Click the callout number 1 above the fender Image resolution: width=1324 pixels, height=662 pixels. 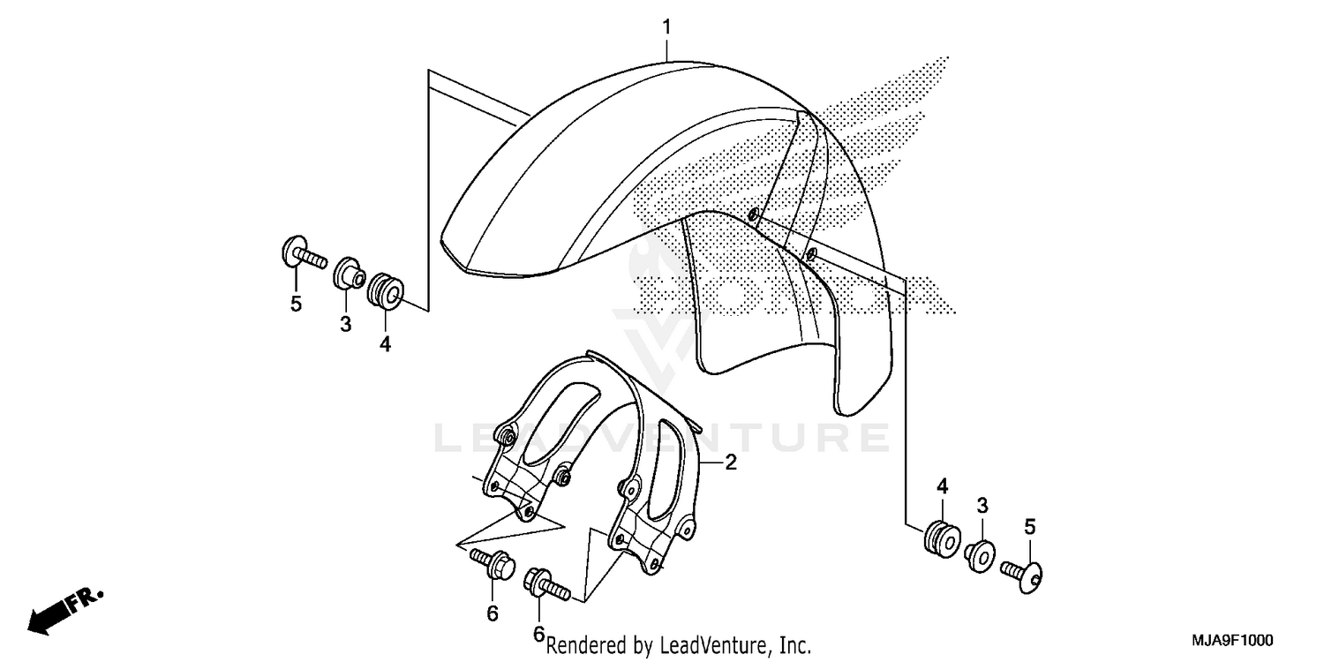[x=667, y=27]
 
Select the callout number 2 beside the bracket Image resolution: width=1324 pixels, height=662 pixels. [x=730, y=462]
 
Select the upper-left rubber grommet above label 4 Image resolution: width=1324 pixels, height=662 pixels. [x=386, y=292]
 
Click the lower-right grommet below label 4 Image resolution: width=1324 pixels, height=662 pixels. [x=941, y=538]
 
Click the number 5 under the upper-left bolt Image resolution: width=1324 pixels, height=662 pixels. [x=297, y=305]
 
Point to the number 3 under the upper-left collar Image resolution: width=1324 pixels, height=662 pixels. [x=346, y=325]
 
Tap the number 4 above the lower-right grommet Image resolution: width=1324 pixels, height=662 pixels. [x=942, y=486]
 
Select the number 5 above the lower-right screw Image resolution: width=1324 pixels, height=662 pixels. [x=1029, y=528]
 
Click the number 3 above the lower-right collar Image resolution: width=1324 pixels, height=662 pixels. [x=982, y=506]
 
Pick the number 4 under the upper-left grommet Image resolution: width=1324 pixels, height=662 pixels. [x=385, y=345]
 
